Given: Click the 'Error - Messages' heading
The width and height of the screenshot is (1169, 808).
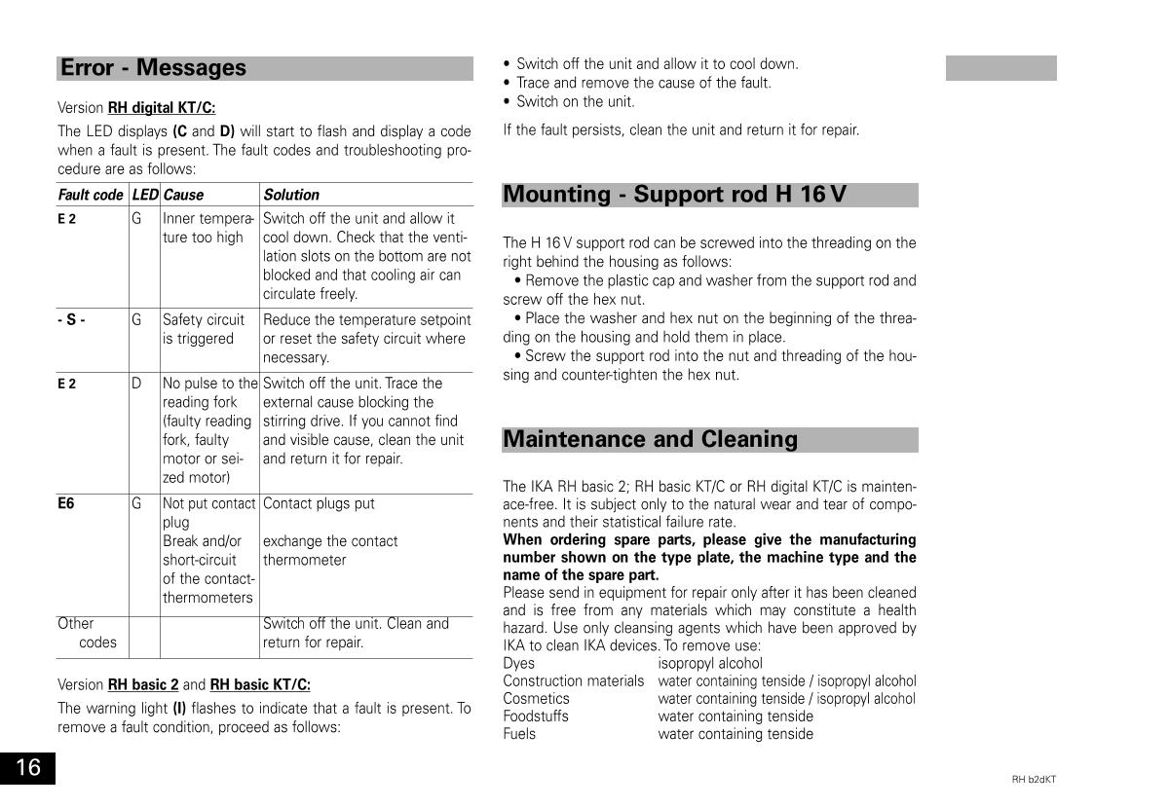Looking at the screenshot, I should click(x=154, y=68).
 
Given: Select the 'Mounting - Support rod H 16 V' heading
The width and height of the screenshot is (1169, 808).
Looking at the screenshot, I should click(x=674, y=195).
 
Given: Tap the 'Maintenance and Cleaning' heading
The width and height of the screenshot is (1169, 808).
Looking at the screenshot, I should click(x=650, y=439).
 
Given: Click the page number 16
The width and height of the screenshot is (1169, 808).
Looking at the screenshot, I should click(x=27, y=768).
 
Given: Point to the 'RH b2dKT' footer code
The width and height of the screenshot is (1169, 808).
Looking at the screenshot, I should click(x=1034, y=780).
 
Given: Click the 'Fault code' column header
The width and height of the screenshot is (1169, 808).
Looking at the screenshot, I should click(x=91, y=195).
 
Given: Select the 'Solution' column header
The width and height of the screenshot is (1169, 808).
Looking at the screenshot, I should click(x=291, y=195).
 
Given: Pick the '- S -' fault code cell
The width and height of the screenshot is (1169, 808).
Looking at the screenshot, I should click(x=71, y=319).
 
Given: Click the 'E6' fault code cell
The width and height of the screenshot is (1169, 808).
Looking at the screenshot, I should click(x=65, y=503).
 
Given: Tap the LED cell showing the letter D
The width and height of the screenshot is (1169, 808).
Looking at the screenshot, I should click(x=136, y=384).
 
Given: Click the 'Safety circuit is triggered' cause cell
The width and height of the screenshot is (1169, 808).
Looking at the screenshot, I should click(x=204, y=329).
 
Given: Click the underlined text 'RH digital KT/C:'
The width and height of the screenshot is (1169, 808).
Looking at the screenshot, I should click(x=162, y=107).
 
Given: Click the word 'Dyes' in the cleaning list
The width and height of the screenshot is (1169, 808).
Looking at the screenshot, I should click(x=518, y=664).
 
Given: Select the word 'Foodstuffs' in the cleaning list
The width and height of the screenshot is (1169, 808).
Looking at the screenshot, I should click(x=536, y=716).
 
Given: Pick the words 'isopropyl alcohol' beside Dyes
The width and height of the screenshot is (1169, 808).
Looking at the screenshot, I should click(x=710, y=664).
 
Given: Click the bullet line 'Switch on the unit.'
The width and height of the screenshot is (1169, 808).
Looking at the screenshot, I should click(x=575, y=101).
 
